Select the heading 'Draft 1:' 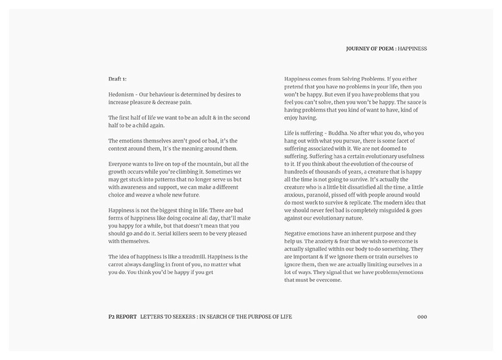(117, 79)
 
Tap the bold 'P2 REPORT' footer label (119, 316)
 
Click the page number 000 (422, 316)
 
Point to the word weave (144, 195)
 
